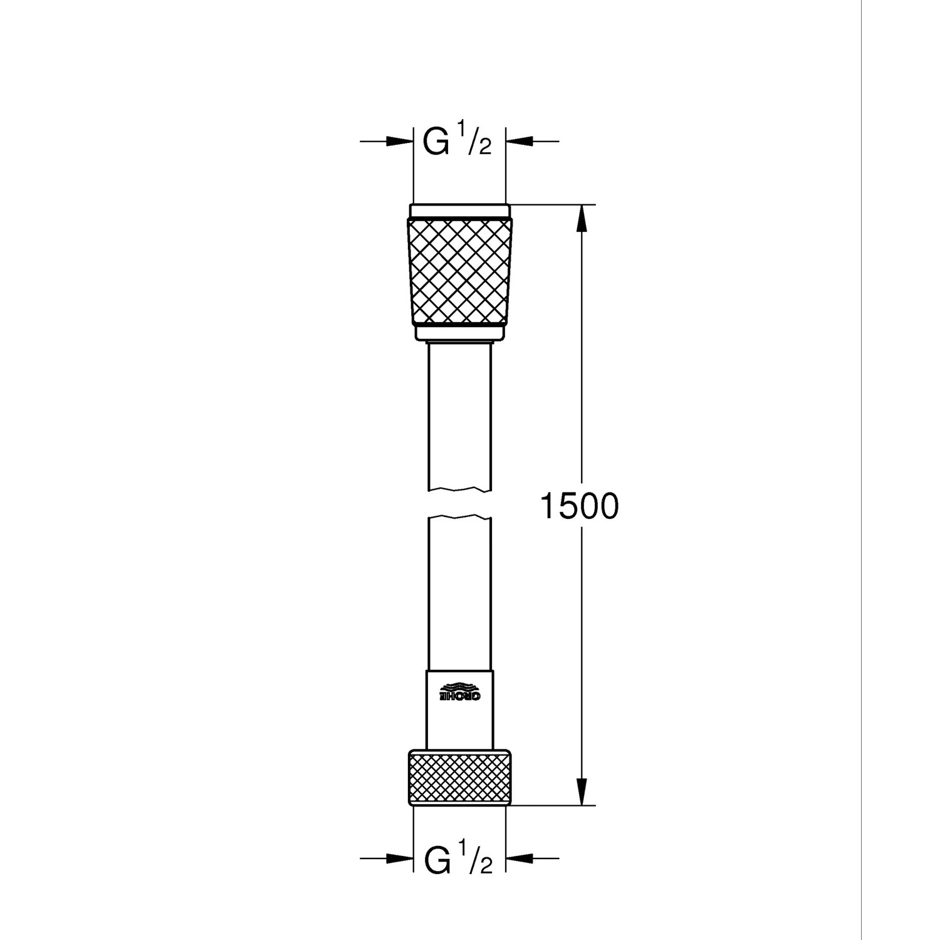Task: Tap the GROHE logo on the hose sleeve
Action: (459, 691)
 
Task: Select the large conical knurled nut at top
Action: (459, 271)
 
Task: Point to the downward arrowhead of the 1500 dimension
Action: (582, 792)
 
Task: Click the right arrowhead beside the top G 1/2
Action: (520, 142)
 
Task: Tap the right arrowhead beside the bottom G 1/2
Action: (520, 858)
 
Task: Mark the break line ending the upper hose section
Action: (459, 488)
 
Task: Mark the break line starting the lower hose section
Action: (459, 518)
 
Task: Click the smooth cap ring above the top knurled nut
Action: (459, 211)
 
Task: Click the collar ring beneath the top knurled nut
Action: (459, 333)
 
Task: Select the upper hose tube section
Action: (459, 414)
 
